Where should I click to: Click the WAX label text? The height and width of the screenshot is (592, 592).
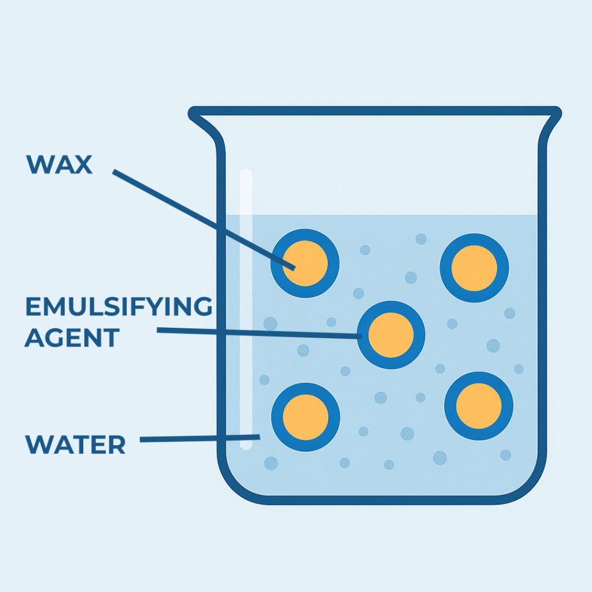click(x=59, y=165)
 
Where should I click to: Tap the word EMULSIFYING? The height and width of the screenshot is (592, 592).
click(x=118, y=307)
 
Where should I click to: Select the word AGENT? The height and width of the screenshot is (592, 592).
click(x=72, y=337)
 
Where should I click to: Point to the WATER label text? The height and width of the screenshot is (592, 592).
click(x=75, y=445)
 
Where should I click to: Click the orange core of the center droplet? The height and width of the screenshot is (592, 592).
click(x=391, y=335)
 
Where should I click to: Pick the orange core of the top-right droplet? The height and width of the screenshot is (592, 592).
click(x=474, y=268)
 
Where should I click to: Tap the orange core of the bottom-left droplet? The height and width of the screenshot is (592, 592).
click(x=305, y=417)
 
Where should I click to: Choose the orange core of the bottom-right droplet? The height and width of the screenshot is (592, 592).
click(x=479, y=405)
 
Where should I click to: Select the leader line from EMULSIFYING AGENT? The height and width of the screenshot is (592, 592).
click(x=260, y=332)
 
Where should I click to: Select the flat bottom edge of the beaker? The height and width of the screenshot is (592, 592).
click(x=382, y=499)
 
